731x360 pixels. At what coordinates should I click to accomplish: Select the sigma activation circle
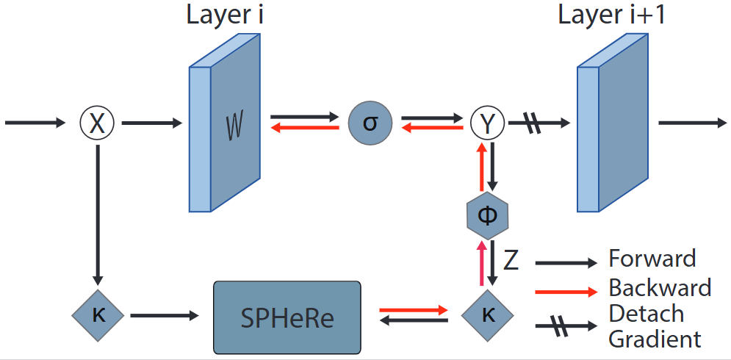pyautogui.click(x=370, y=122)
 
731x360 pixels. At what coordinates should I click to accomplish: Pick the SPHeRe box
pyautogui.click(x=287, y=317)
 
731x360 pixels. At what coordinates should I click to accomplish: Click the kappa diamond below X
pyautogui.click(x=97, y=315)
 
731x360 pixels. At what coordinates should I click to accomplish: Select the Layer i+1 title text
pyautogui.click(x=611, y=15)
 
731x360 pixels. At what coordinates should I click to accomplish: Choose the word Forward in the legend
pyautogui.click(x=652, y=259)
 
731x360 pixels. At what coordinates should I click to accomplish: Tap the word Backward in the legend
pyautogui.click(x=659, y=287)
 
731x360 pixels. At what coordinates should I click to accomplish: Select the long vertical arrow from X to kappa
pyautogui.click(x=97, y=213)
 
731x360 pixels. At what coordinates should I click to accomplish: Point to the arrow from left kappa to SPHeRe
pyautogui.click(x=164, y=316)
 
